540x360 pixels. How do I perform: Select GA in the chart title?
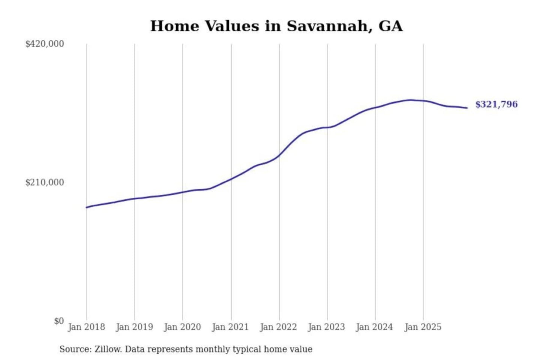[x=390, y=26]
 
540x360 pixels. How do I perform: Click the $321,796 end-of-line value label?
[x=496, y=104]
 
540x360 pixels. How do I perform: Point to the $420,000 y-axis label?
[x=45, y=44]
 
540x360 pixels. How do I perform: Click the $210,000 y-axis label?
[x=45, y=183]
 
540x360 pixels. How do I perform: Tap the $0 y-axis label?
[x=59, y=321]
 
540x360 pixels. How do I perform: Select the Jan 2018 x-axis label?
[x=86, y=327]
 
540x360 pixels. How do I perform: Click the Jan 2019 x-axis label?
[x=134, y=327]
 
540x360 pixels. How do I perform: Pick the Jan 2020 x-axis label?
[x=182, y=327]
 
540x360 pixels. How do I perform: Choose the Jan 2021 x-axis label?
[x=230, y=327]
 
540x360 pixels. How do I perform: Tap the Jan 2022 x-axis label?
[x=278, y=327]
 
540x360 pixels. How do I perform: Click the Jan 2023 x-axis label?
[x=326, y=327]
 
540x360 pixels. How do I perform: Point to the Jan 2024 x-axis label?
[x=374, y=327]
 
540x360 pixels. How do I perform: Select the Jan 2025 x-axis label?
[x=423, y=327]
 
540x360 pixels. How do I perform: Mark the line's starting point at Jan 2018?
[x=87, y=207]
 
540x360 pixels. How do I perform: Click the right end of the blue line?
[x=467, y=108]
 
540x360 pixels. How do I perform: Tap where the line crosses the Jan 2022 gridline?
[x=279, y=155]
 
